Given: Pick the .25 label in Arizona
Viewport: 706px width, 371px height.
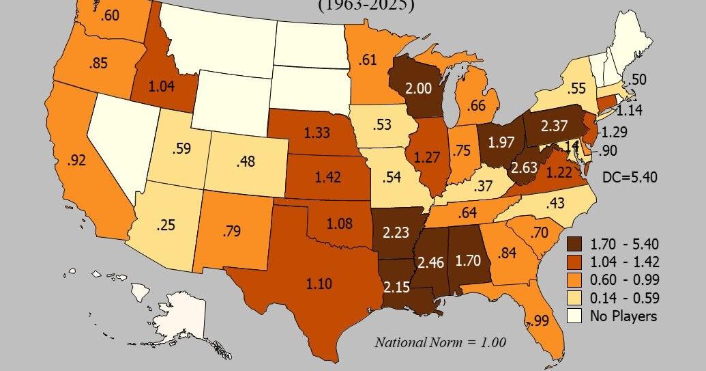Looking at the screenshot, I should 166,224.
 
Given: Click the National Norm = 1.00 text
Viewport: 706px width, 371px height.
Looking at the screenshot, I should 440,342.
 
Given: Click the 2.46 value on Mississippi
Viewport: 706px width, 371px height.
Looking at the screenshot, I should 432,260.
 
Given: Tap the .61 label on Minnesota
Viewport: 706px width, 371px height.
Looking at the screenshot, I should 368,59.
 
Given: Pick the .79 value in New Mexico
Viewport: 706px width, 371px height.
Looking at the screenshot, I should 232,232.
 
